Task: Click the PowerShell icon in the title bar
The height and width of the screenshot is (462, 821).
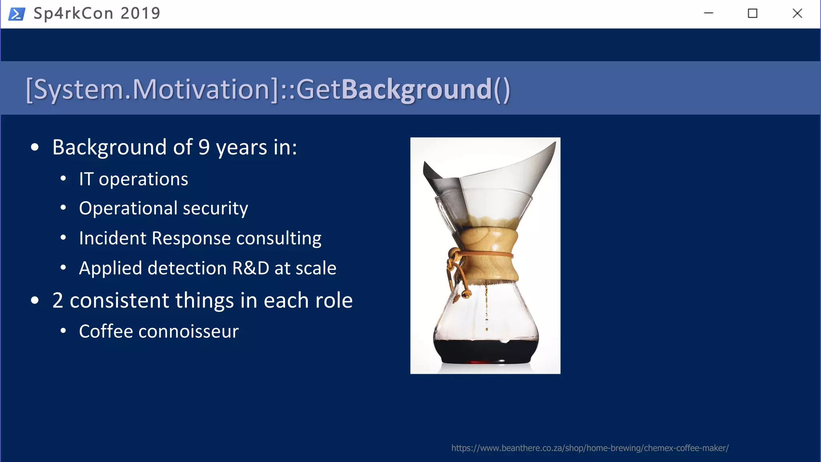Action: coord(17,14)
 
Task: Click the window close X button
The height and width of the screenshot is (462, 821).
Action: coord(797,14)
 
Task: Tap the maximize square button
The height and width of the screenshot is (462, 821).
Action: coord(752,14)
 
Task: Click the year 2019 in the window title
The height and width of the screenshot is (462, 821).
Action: coord(140,14)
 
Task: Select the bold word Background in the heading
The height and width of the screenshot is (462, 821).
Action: coord(416,89)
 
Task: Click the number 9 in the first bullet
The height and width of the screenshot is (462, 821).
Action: coord(204,147)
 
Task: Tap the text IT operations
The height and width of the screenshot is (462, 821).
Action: coord(133,179)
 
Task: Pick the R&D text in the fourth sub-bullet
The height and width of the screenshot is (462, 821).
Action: coord(251,268)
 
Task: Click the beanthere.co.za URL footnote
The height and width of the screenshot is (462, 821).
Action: coord(590,448)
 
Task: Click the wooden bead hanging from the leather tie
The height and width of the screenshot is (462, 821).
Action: coord(466,295)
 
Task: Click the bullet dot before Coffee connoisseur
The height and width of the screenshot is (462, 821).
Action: coord(63,331)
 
